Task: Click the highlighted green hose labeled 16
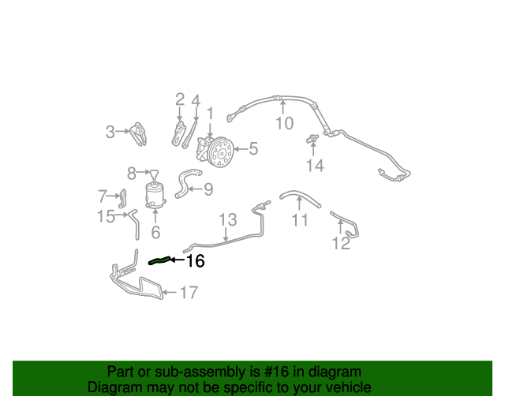(x=159, y=260)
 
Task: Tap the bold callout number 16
(x=196, y=260)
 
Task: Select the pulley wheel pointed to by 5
(x=221, y=152)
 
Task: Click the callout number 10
(x=285, y=123)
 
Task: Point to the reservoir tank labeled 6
(x=155, y=195)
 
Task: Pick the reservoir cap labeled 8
(x=155, y=174)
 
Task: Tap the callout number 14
(x=315, y=166)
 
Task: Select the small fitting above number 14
(x=312, y=139)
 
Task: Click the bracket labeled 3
(x=139, y=133)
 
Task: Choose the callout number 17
(x=189, y=293)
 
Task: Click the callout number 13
(x=228, y=219)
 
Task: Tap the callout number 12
(x=341, y=243)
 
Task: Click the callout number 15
(x=106, y=216)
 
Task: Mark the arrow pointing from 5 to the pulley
(x=241, y=149)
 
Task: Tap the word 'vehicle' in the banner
(x=350, y=387)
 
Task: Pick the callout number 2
(x=180, y=99)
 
